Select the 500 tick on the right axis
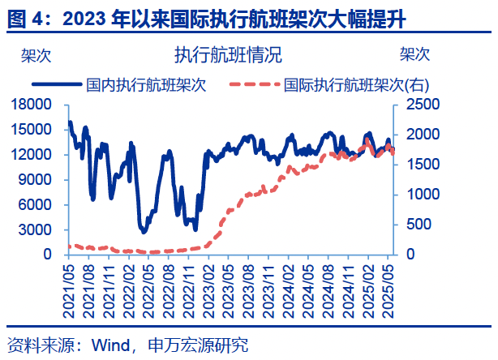pyautogui.click(x=414, y=225)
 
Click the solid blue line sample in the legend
pyautogui.click(x=56, y=84)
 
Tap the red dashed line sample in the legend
pyautogui.click(x=254, y=84)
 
